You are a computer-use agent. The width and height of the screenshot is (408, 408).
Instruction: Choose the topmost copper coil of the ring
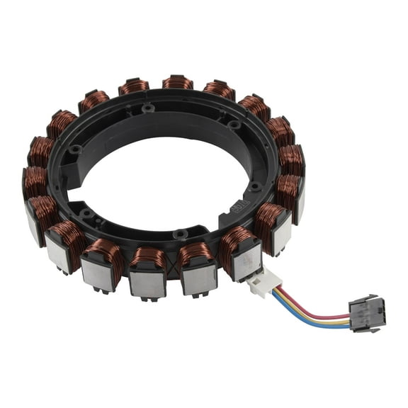click(x=178, y=82)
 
